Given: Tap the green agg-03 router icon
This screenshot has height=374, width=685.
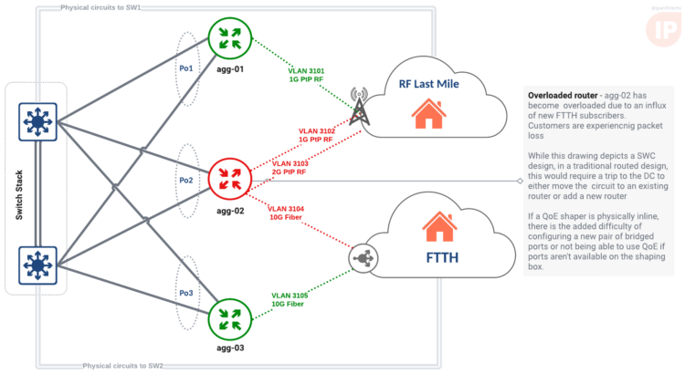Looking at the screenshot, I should tap(228, 320).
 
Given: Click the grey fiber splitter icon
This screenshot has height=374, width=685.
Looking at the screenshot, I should tap(362, 259).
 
